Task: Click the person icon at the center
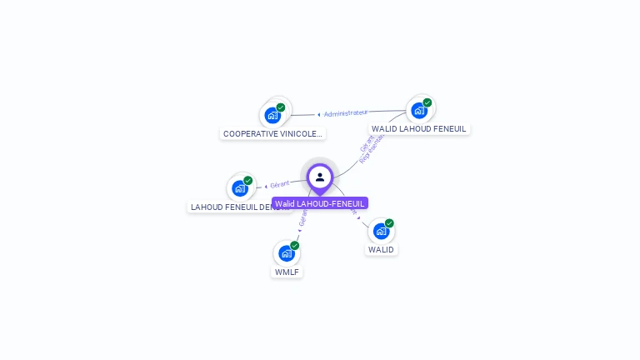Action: click(x=320, y=177)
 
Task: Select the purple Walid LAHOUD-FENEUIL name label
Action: click(x=320, y=203)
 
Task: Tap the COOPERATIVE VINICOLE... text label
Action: click(x=272, y=133)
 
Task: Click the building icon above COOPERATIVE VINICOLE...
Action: click(x=272, y=116)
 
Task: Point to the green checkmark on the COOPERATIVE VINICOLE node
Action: click(x=281, y=107)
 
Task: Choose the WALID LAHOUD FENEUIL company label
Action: click(x=419, y=129)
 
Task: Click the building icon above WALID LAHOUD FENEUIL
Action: click(x=418, y=111)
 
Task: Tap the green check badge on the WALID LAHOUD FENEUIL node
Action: click(x=427, y=102)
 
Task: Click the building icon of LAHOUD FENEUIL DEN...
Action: click(x=240, y=188)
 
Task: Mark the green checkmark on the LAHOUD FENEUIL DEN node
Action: click(x=248, y=180)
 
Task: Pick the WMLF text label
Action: click(x=287, y=272)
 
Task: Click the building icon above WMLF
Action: click(x=287, y=253)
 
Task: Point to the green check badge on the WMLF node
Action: click(x=295, y=245)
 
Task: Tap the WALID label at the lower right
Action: click(x=381, y=249)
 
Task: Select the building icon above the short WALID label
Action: click(x=381, y=231)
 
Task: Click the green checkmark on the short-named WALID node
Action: click(x=389, y=222)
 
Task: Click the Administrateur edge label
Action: click(x=346, y=112)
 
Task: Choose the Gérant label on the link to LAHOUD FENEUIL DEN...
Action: click(x=278, y=184)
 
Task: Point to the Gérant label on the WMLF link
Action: click(x=302, y=219)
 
